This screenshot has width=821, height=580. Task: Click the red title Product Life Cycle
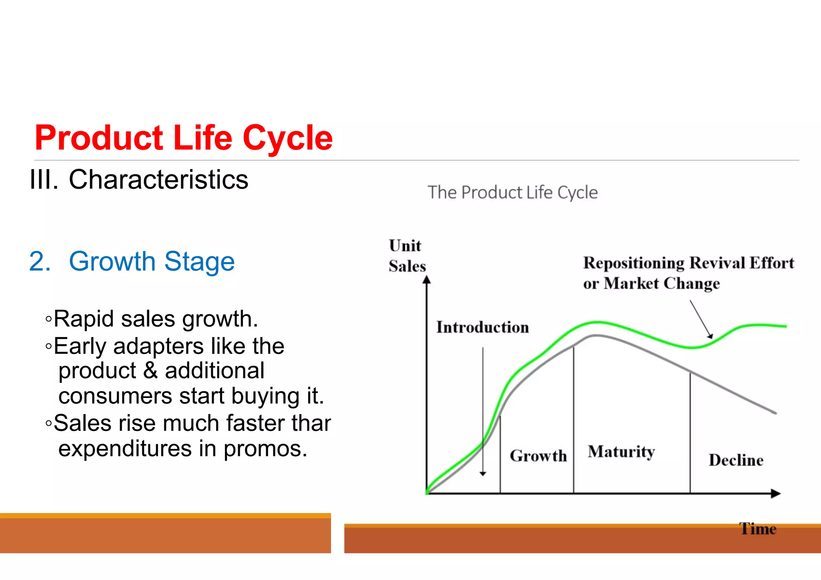pyautogui.click(x=184, y=138)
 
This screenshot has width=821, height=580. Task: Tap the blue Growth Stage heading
pyautogui.click(x=152, y=261)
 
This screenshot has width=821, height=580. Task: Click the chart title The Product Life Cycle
pyautogui.click(x=512, y=192)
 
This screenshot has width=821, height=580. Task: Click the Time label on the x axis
pyautogui.click(x=758, y=529)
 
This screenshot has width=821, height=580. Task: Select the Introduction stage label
pyautogui.click(x=482, y=327)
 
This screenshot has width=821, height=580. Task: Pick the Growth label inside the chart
pyautogui.click(x=538, y=456)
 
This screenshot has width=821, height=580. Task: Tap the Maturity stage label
pyautogui.click(x=621, y=451)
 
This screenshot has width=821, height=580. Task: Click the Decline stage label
pyautogui.click(x=736, y=460)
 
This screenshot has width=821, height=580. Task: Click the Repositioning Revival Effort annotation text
pyautogui.click(x=688, y=263)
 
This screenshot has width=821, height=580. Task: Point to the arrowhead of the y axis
pyautogui.click(x=427, y=279)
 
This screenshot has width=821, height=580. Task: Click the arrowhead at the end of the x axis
pyautogui.click(x=776, y=493)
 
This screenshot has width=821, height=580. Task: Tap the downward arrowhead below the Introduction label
pyautogui.click(x=483, y=474)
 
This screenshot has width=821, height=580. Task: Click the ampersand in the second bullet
pyautogui.click(x=150, y=370)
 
